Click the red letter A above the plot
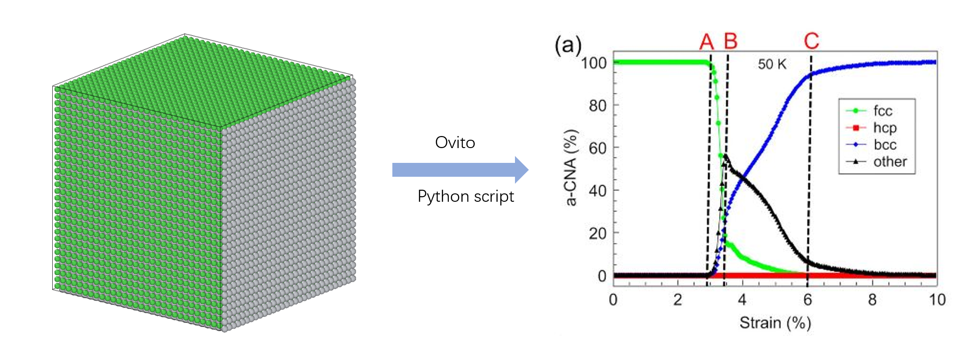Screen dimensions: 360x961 (706, 42)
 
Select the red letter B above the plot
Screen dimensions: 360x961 (730, 41)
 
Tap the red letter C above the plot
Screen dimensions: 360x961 (812, 41)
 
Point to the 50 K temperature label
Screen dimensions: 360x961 (772, 64)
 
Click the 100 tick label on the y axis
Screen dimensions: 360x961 (594, 63)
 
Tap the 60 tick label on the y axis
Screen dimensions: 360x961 (597, 148)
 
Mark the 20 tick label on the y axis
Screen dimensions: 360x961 (597, 234)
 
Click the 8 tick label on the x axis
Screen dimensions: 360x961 (872, 300)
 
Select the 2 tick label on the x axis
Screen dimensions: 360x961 (678, 300)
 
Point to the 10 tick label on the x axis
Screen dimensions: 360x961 (937, 300)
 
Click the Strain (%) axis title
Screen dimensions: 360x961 (775, 323)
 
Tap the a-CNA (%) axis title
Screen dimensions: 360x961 (572, 168)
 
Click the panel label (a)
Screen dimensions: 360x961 (568, 45)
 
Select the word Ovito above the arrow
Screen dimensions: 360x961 (455, 143)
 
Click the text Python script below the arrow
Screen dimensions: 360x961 (465, 196)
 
